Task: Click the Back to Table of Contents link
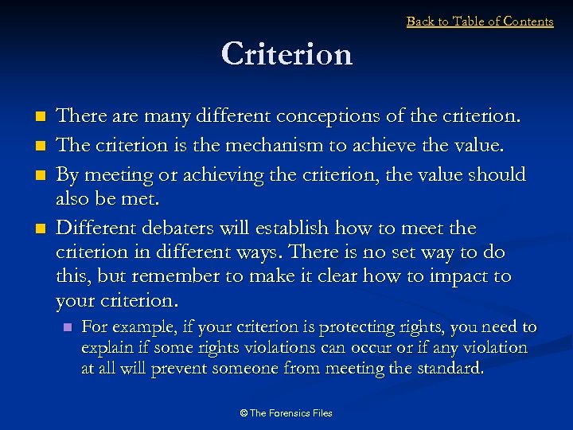coord(479,21)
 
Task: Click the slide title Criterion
coord(286,54)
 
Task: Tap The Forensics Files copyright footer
coord(286,412)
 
